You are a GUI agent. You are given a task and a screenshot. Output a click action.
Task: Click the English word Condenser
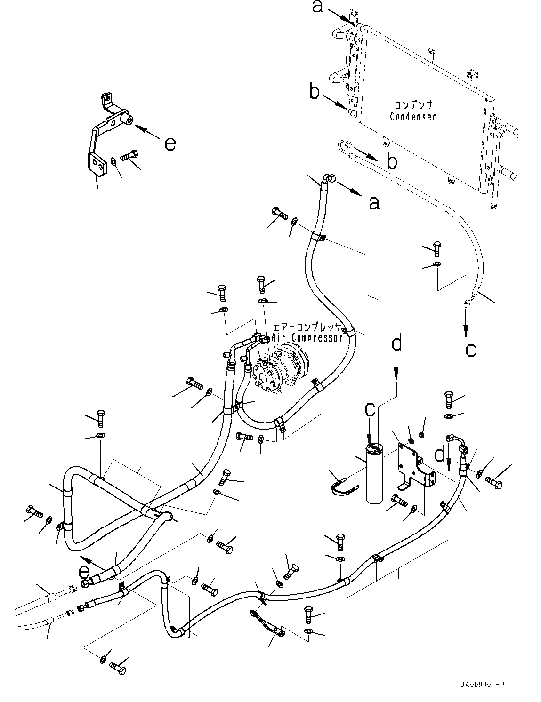412,116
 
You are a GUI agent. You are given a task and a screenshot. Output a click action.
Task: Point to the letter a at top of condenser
318,6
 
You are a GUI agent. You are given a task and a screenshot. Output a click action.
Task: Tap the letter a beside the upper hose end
373,203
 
